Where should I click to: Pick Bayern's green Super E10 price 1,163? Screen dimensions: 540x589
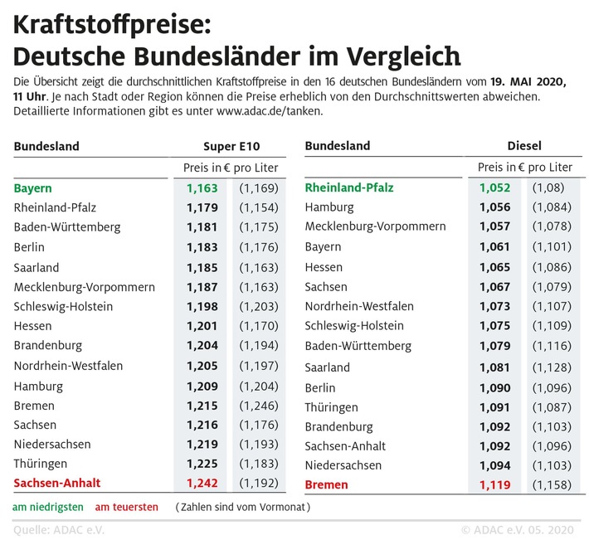(x=203, y=188)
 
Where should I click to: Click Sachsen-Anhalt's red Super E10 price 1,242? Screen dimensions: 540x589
(x=203, y=483)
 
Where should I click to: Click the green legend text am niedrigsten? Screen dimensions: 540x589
(x=48, y=506)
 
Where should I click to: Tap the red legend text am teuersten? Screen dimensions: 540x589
(x=126, y=506)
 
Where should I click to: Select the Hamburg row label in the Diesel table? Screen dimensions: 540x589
(x=329, y=207)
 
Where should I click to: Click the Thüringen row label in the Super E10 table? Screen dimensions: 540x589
(x=41, y=464)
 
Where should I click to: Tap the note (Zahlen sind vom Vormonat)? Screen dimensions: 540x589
(x=243, y=506)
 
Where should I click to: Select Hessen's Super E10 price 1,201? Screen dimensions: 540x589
(x=203, y=326)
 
